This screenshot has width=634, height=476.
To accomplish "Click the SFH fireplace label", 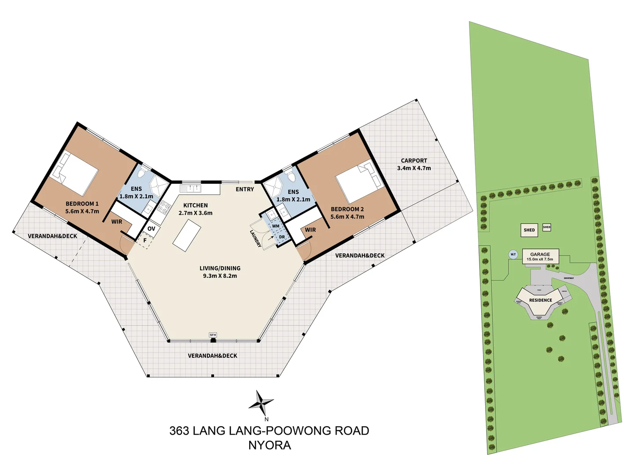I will (x=213, y=335).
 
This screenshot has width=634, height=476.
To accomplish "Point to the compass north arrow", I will (x=261, y=402).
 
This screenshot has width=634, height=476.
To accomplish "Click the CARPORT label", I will (x=414, y=160).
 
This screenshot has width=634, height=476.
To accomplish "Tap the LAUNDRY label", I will (x=256, y=238).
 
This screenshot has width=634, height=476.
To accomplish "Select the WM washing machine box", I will (x=276, y=226).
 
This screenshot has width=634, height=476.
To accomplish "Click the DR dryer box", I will (x=282, y=237).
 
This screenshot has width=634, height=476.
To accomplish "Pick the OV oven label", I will (x=151, y=229).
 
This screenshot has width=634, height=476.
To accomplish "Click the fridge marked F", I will (x=144, y=241).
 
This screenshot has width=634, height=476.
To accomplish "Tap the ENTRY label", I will (x=245, y=189).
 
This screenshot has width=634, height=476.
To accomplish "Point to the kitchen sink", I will (x=191, y=189).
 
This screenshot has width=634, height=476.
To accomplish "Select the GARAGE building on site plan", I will (x=540, y=256).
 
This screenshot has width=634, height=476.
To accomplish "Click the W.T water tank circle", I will (x=513, y=254).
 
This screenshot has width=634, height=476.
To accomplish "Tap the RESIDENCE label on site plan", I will (x=541, y=300).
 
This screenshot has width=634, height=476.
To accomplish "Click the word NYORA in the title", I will (x=269, y=445).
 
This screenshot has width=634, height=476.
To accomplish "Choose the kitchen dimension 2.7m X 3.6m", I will (x=195, y=213).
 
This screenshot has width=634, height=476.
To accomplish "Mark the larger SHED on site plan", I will (x=529, y=230).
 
